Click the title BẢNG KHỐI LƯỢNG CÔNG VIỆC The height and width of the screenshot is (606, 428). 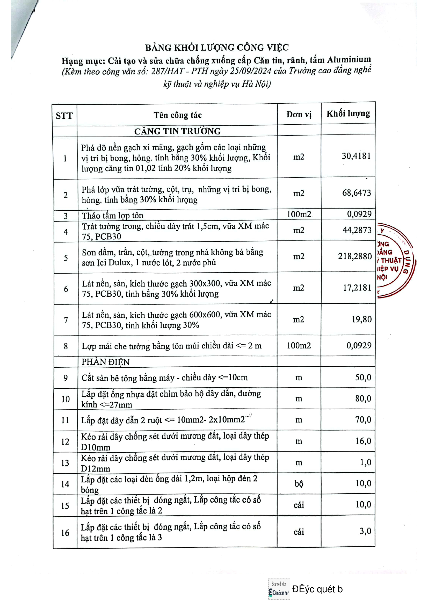[217, 48]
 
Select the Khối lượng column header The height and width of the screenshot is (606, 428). [348, 114]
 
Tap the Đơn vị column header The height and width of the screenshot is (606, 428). [299, 115]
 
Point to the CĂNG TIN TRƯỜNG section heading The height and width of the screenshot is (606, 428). [177, 131]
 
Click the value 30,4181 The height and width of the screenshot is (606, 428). [356, 156]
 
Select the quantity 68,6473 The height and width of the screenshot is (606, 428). [357, 193]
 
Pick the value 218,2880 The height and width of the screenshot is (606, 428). [355, 256]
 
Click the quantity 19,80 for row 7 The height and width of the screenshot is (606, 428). [361, 320]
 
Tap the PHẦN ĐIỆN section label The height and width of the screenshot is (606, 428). [105, 362]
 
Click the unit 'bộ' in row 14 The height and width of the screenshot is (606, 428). [299, 483]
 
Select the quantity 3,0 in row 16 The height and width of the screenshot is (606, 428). [366, 531]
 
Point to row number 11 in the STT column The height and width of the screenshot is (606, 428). [65, 420]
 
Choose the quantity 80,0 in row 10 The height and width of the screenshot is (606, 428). [363, 398]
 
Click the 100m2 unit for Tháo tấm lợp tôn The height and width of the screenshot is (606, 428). [299, 214]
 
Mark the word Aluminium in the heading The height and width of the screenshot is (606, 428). [349, 60]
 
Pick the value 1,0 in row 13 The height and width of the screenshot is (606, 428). [366, 462]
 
